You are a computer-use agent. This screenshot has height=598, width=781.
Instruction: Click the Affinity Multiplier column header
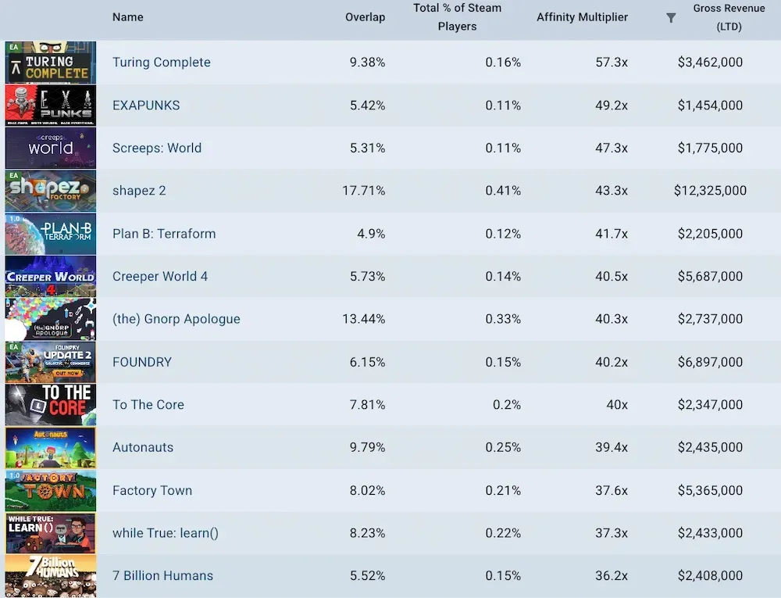(582, 17)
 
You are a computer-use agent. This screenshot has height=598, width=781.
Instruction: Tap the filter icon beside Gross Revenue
(671, 18)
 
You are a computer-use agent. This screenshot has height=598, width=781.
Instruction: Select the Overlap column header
(365, 17)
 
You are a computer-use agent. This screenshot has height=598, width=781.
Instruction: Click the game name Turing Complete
(161, 63)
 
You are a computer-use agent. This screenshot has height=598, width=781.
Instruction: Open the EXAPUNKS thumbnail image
(51, 106)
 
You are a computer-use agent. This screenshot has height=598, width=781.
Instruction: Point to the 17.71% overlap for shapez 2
(363, 191)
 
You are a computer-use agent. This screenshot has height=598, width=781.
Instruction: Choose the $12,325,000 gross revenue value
(710, 191)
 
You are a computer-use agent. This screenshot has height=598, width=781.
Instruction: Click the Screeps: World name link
(156, 148)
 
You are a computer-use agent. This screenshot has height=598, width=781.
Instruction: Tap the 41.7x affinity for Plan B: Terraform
(612, 234)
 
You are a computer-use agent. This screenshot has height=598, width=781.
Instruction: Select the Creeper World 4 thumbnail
(51, 277)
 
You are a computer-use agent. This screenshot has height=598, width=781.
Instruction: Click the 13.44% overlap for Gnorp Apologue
(363, 319)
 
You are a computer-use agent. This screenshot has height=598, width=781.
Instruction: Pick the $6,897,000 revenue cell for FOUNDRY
(710, 362)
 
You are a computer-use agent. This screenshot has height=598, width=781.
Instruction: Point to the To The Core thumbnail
(51, 405)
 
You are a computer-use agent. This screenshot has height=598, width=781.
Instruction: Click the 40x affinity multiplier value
(616, 405)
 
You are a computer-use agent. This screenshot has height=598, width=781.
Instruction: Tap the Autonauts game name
(143, 448)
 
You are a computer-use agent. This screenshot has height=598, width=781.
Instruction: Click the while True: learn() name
(165, 533)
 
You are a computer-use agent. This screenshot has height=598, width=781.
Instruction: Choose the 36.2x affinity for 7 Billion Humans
(612, 576)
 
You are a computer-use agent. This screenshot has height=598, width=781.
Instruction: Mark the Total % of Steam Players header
(457, 17)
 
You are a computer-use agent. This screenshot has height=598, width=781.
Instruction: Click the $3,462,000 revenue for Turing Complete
(710, 63)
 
